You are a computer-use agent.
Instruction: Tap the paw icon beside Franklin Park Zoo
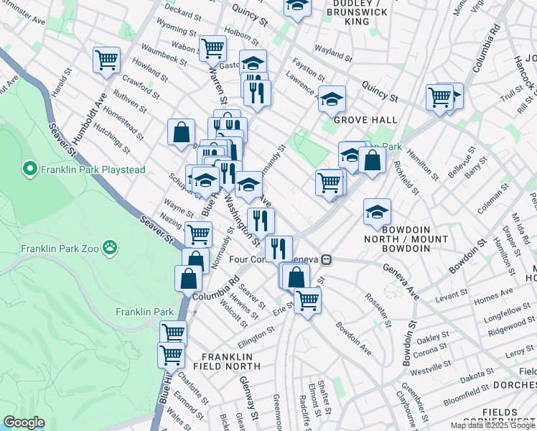pos(109,249)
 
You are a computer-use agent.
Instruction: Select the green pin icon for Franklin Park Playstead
pos(30,170)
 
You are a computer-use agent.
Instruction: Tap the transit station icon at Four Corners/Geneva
pos(326,259)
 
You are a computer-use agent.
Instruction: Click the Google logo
pos(24,422)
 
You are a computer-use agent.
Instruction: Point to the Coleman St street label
pos(495,193)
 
